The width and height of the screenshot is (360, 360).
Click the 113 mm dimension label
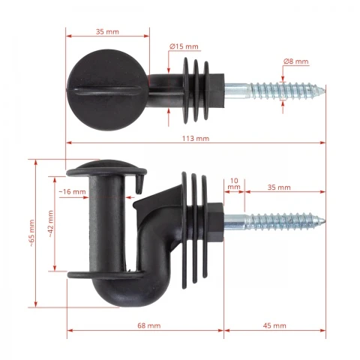(196, 139)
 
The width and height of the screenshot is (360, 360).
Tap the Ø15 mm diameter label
(184, 46)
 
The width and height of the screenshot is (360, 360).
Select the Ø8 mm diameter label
(296, 61)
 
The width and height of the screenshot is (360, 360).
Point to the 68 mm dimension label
(149, 325)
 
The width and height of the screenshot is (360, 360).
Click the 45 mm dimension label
(274, 325)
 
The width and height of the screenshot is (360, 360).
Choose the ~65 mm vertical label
(31, 233)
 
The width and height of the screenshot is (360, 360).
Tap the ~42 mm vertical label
(50, 223)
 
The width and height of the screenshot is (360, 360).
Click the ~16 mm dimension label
(73, 192)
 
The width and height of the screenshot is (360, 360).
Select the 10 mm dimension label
(234, 184)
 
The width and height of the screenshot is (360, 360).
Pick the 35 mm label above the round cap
(107, 31)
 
